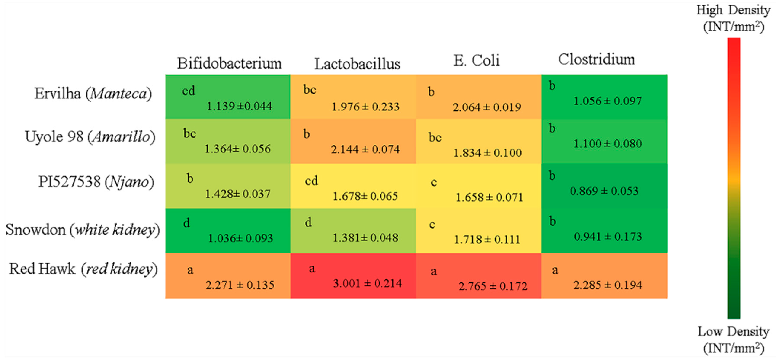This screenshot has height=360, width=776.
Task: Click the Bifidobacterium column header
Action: tap(229, 63)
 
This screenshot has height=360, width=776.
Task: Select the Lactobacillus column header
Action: tap(357, 64)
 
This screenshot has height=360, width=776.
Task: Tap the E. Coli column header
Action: tap(477, 60)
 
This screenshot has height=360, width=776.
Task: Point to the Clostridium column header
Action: tap(597, 59)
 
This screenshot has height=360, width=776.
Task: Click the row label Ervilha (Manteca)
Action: tap(93, 94)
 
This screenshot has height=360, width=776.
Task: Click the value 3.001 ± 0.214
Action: tap(367, 283)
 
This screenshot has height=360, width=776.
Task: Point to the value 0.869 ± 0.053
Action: tap(604, 191)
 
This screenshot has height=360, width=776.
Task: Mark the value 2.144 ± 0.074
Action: tap(365, 149)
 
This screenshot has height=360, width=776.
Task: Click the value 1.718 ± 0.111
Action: tap(487, 240)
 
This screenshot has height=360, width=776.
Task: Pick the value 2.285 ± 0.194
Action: tap(608, 285)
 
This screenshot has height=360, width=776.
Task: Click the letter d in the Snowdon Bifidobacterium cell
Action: tap(186, 223)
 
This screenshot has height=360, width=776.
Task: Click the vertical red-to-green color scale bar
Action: tap(734, 178)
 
